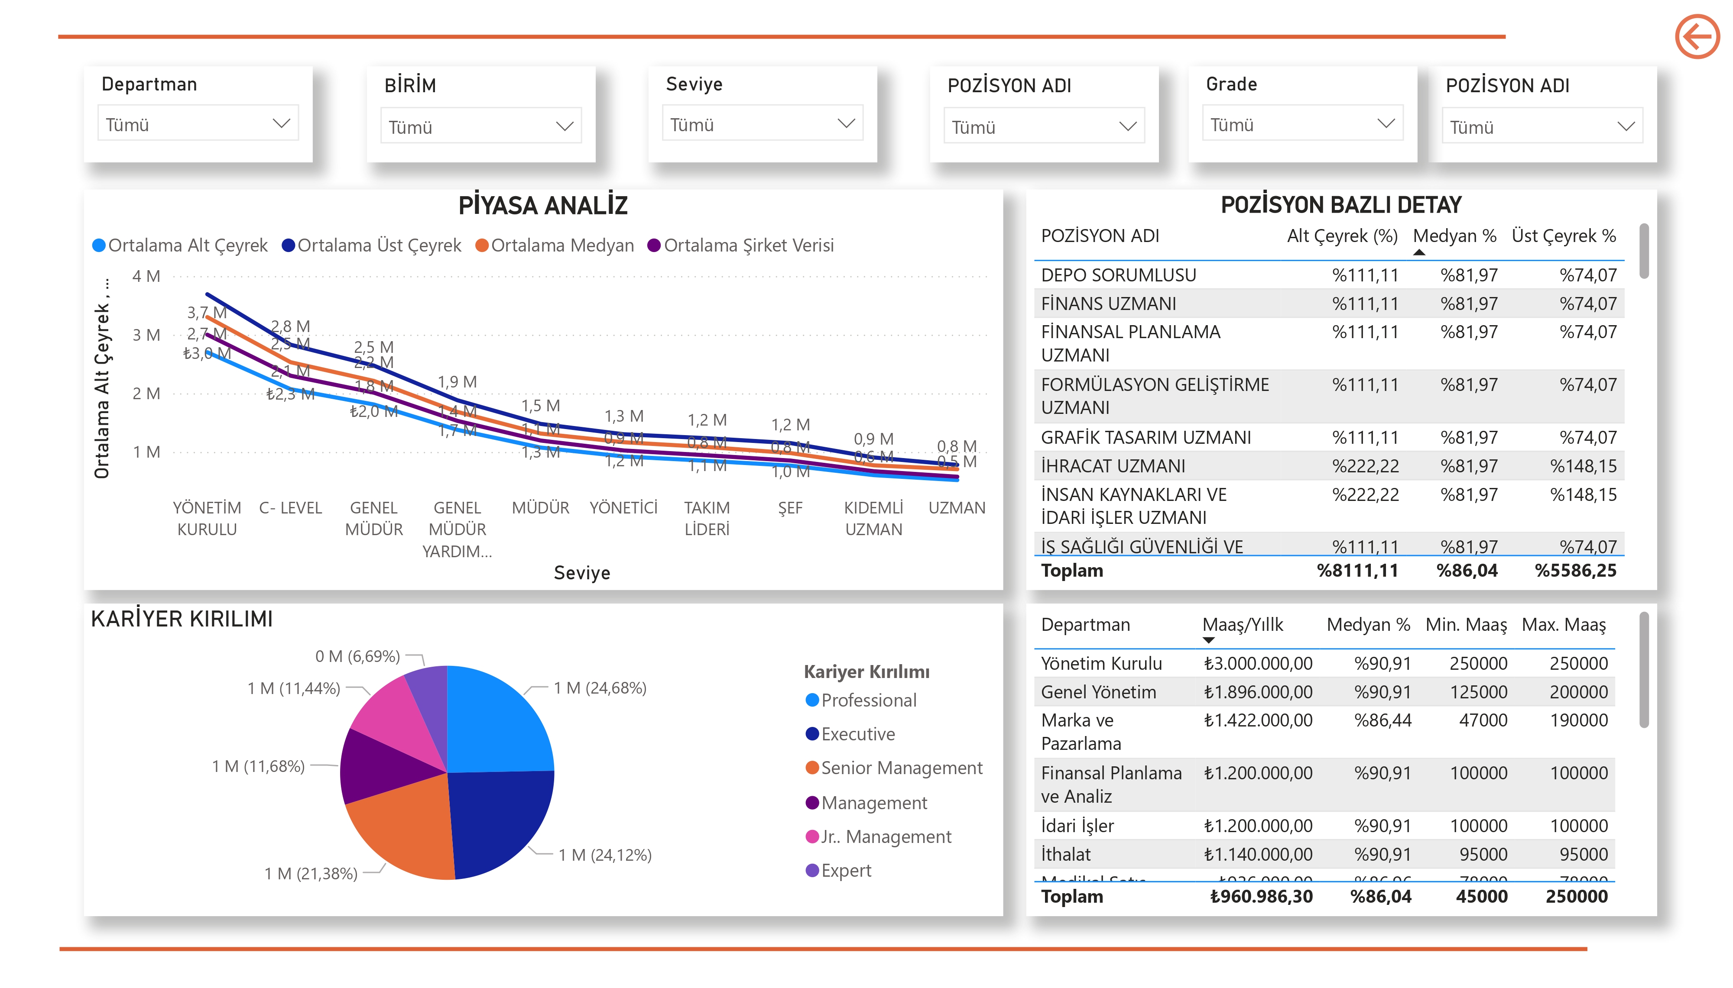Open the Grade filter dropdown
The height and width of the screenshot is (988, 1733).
coord(1301,123)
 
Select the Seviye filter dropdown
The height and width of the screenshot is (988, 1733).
coord(762,123)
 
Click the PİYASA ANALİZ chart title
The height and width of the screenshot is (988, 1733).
coord(542,205)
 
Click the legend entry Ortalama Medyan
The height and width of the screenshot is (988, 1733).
coord(561,245)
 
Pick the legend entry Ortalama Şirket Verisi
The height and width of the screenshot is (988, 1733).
coord(748,245)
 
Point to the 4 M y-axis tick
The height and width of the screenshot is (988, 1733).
coord(146,277)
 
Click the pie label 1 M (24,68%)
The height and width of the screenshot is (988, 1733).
coord(599,688)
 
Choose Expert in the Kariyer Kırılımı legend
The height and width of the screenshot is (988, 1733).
coord(845,871)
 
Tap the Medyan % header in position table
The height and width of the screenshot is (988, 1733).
coord(1454,236)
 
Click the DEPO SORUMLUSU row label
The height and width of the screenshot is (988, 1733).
coord(1118,275)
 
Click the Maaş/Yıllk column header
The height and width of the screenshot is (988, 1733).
coord(1242,625)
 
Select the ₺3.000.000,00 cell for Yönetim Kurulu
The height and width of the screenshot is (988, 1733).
coord(1257,664)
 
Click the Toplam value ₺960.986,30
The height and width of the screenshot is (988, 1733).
coord(1261,897)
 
